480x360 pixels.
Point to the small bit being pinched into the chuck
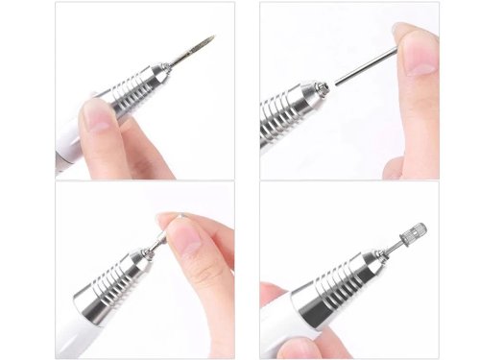pos(157,241)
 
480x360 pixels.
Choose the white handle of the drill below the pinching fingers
pos(72,336)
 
